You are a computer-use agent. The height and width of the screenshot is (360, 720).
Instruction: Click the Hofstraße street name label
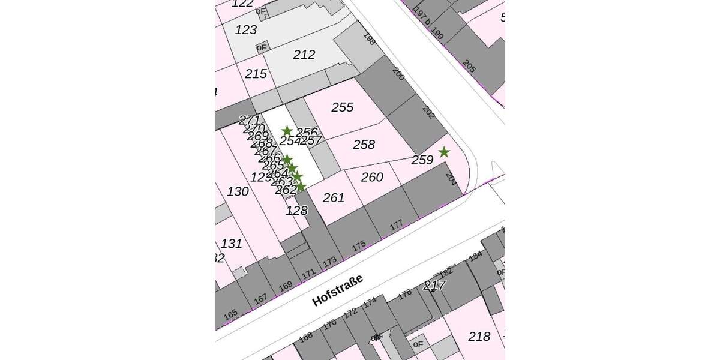pos(338,290)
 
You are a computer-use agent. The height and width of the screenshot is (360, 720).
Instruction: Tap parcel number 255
pos(343,107)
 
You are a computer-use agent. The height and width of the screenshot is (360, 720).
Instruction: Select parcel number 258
pos(364,145)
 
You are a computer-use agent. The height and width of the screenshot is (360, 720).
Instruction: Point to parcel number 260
pos(372,177)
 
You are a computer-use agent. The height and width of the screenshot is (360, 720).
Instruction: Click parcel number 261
pos(334,197)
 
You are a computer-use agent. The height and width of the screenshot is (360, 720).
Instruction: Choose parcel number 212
pos(304,55)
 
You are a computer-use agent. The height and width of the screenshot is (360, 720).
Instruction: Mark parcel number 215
pos(256,74)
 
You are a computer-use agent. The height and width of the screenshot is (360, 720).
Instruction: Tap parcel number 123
pos(246,29)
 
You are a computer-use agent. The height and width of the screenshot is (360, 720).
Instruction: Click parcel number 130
pos(238,191)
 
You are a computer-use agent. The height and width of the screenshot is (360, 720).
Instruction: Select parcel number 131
pos(232,244)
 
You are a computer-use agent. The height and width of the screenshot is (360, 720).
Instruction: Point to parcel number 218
pos(479,336)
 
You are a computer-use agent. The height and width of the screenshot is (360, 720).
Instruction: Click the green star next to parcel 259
pos(443,152)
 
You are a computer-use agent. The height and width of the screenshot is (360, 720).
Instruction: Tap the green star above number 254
pos(287,131)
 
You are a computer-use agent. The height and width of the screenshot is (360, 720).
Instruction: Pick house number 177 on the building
pos(396,226)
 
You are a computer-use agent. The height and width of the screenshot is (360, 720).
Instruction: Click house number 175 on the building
pos(359,246)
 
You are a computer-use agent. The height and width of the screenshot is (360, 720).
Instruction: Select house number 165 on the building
pos(230,314)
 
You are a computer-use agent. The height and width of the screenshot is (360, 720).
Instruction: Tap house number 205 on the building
pos(469,67)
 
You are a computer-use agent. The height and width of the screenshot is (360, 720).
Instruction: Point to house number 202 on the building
pos(428,112)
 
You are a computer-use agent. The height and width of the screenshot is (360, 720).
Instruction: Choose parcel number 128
pos(297,211)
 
